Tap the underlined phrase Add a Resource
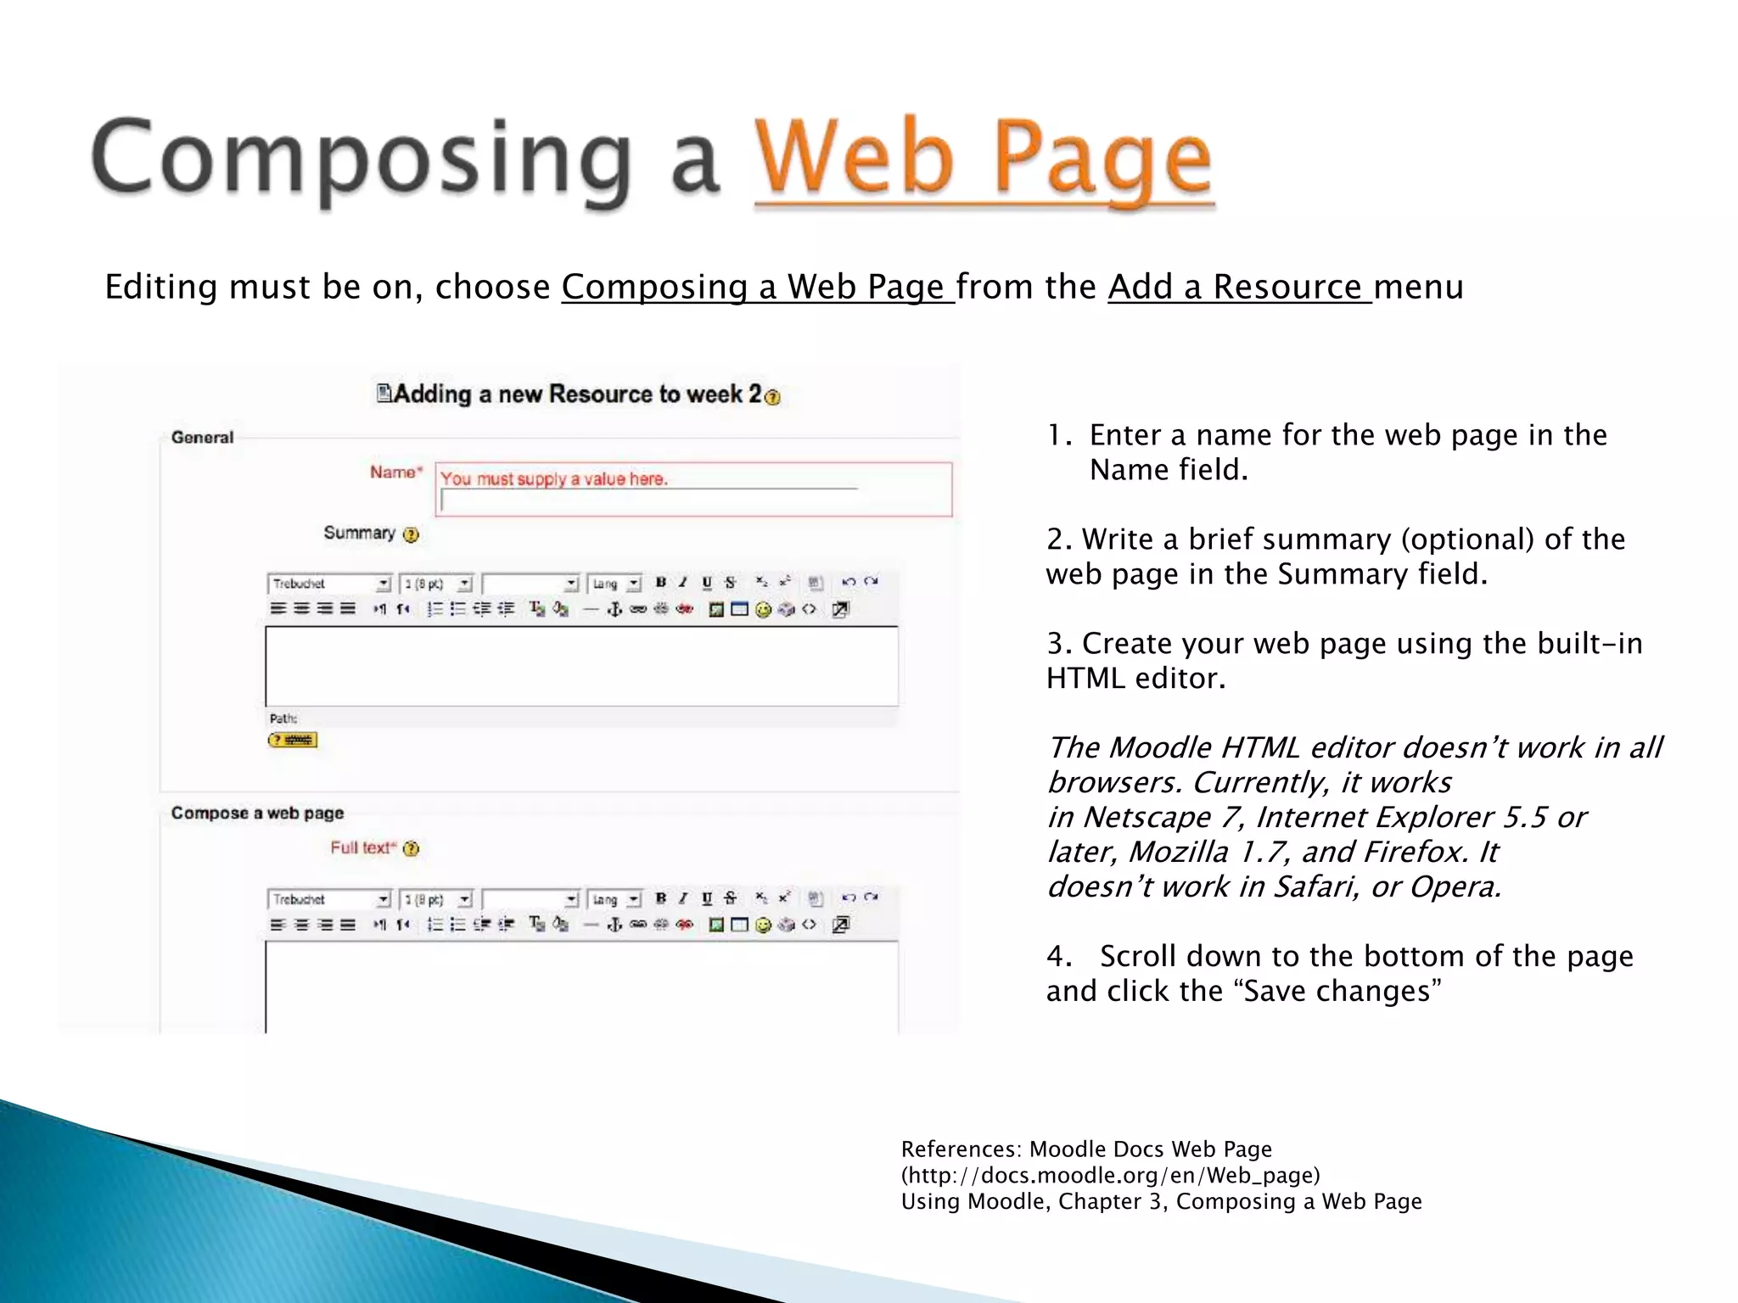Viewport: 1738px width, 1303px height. pyautogui.click(x=1239, y=287)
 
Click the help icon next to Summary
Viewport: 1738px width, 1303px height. pyautogui.click(x=411, y=534)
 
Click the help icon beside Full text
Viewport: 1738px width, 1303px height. pyautogui.click(x=411, y=848)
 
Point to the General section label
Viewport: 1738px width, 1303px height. pyautogui.click(x=202, y=437)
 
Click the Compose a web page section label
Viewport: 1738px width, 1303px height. pyautogui.click(x=257, y=813)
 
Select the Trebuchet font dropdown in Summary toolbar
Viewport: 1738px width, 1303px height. pyautogui.click(x=329, y=584)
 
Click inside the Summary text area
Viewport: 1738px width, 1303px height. pyautogui.click(x=581, y=666)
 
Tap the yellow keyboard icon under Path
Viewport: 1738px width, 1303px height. pyautogui.click(x=292, y=740)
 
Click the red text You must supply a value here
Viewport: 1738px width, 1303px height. pyautogui.click(x=553, y=478)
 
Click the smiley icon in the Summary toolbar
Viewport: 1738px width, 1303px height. pyautogui.click(x=762, y=609)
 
